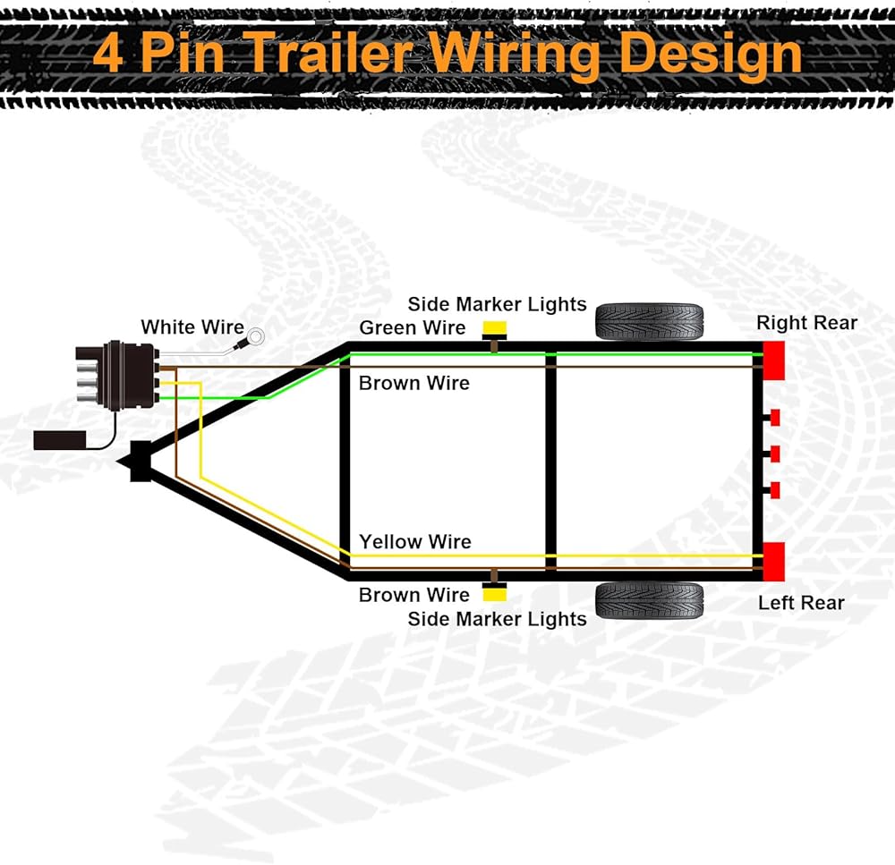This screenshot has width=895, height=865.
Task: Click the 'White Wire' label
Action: click(x=192, y=327)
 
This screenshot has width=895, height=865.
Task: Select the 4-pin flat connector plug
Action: click(x=117, y=374)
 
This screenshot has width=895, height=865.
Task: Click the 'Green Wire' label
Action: click(x=413, y=328)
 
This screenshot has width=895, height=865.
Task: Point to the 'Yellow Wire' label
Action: click(x=415, y=541)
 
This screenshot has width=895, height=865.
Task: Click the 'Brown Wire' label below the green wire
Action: click(x=414, y=383)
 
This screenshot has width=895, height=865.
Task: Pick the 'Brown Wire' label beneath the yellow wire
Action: click(x=414, y=595)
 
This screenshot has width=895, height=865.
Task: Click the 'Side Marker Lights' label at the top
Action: click(x=497, y=304)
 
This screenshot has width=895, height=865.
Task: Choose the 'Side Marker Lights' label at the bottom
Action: click(x=497, y=619)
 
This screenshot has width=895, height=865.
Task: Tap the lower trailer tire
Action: click(x=649, y=600)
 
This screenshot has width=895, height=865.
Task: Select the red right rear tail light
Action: click(x=773, y=359)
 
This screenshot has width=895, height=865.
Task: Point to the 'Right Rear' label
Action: click(x=806, y=323)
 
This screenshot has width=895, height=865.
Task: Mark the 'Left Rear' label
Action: click(x=801, y=603)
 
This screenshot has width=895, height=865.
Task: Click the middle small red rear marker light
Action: click(x=775, y=454)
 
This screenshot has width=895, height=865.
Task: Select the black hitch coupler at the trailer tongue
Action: click(x=138, y=462)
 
